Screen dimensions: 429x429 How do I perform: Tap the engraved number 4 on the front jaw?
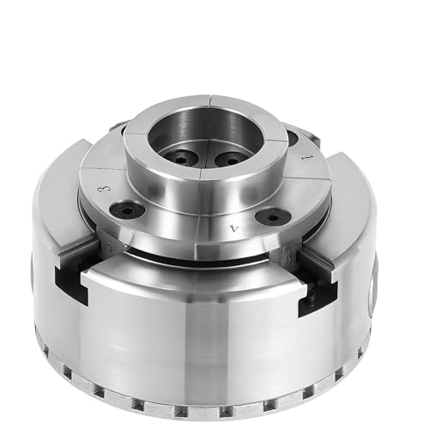(233, 228)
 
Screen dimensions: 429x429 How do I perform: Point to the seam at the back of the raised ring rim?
(208, 100)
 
